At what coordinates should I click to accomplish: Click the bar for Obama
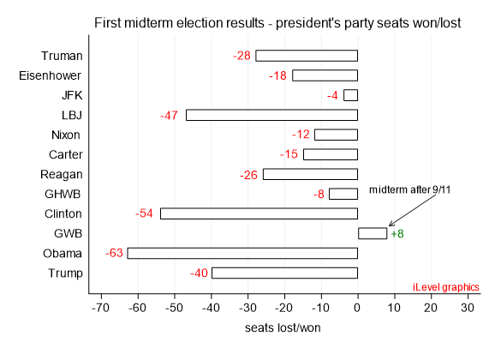242,253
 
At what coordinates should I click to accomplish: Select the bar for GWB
372,233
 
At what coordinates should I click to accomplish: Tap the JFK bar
350,95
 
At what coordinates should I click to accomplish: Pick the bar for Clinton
259,213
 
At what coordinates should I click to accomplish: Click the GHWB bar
343,194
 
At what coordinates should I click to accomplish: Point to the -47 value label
169,115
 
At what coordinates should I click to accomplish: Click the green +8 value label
397,233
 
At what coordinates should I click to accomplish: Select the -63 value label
114,253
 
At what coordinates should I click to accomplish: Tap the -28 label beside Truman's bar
242,56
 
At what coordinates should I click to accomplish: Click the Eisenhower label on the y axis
51,75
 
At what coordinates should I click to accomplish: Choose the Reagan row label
63,174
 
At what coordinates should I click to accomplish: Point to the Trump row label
65,273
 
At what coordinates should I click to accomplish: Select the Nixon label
66,135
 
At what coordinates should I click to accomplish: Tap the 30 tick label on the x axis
467,306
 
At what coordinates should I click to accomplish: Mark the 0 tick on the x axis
357,306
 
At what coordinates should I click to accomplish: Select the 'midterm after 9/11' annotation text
409,189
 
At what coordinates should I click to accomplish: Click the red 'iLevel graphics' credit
445,286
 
